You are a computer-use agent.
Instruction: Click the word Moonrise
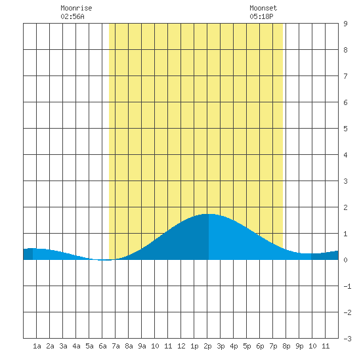point(76,8)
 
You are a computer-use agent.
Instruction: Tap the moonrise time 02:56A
point(72,16)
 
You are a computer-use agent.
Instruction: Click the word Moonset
point(263,8)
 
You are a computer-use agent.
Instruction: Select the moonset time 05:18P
point(261,16)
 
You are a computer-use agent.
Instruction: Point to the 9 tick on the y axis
point(345,24)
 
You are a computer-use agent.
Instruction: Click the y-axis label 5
point(345,129)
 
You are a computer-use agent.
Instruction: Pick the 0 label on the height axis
point(345,260)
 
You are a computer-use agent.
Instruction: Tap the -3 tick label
point(347,339)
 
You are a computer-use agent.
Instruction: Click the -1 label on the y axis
point(347,286)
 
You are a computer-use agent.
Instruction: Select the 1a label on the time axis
point(37,346)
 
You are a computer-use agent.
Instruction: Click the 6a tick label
point(102,346)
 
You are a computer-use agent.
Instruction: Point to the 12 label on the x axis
point(181,346)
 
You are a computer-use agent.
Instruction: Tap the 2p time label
point(207,346)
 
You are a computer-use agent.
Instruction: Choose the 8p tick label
point(286,346)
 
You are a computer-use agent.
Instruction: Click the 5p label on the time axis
point(247,346)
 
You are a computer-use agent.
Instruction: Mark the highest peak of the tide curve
point(209,214)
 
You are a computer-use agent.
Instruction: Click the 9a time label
point(142,346)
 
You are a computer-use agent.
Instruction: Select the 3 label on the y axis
point(345,181)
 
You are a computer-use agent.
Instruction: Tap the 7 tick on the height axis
point(345,76)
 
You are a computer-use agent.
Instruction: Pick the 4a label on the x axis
point(76,346)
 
